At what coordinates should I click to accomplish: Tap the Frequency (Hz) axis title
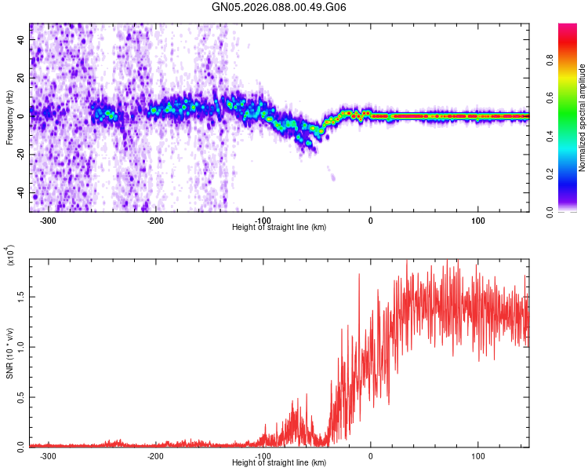[x=9, y=118]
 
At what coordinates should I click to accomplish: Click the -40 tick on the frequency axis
[x=22, y=193]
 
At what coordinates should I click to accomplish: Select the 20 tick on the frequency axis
[x=22, y=77]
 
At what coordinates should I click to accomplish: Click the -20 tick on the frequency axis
[x=22, y=155]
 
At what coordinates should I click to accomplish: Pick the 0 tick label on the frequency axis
[x=22, y=116]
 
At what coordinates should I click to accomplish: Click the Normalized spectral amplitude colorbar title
[x=582, y=118]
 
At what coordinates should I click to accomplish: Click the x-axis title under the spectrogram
[x=279, y=227]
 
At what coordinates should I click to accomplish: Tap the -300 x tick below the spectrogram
[x=48, y=221]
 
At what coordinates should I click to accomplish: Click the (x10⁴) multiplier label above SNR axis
[x=10, y=256]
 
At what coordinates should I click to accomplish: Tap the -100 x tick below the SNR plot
[x=263, y=455]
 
